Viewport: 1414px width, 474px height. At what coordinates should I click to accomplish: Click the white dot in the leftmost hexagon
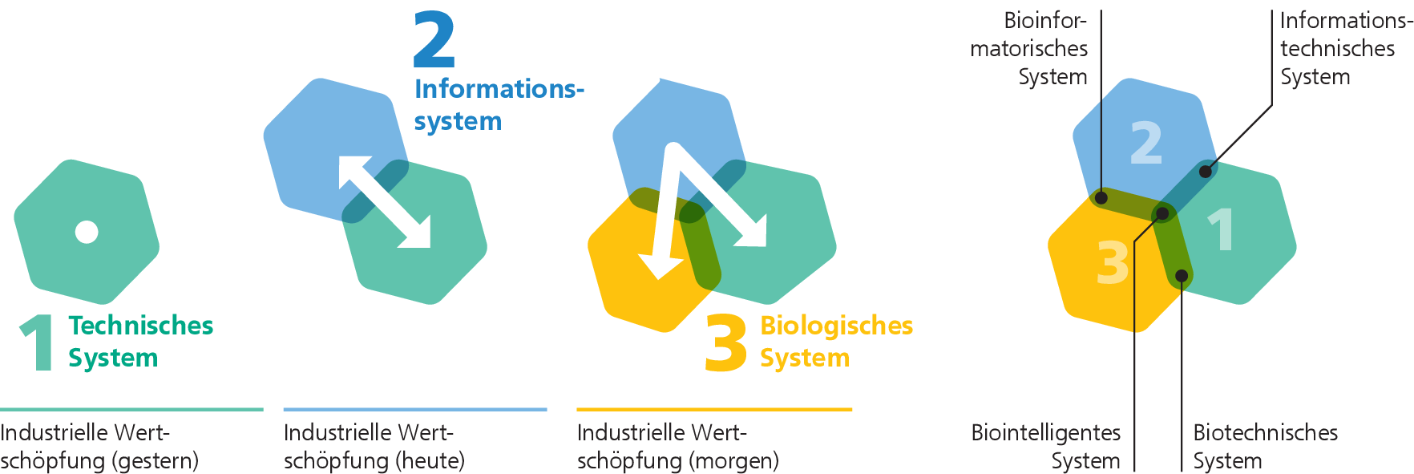coord(87,232)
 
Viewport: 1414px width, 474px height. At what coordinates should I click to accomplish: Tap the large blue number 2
coord(434,40)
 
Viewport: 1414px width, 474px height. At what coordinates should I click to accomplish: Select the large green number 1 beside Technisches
coord(38,343)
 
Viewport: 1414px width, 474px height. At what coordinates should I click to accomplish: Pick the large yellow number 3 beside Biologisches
coord(726,343)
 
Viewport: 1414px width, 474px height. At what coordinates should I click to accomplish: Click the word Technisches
coord(141,325)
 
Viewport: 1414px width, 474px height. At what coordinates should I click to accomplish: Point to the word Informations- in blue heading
coord(499,88)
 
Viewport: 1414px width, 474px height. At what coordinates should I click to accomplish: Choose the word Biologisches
coord(836,326)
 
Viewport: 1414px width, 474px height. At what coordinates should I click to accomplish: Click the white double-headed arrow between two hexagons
coord(385,201)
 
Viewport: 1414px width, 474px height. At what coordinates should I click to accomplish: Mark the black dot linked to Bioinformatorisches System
coord(1101,197)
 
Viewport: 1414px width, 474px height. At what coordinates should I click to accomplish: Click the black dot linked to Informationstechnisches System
coord(1206,171)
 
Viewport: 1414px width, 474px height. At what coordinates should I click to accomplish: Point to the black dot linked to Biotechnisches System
coord(1182,276)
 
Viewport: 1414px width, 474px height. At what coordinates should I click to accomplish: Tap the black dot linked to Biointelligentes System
coord(1161,213)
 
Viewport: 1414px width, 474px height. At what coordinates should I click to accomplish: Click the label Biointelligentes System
coord(1046,447)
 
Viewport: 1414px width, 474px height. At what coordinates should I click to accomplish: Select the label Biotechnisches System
coord(1266,447)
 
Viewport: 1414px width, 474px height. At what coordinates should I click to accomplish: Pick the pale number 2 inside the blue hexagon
coord(1146,143)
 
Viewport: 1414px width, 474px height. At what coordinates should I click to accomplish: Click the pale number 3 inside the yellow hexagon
coord(1113,262)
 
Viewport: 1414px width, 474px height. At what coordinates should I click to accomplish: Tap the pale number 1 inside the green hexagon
coord(1220,229)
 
